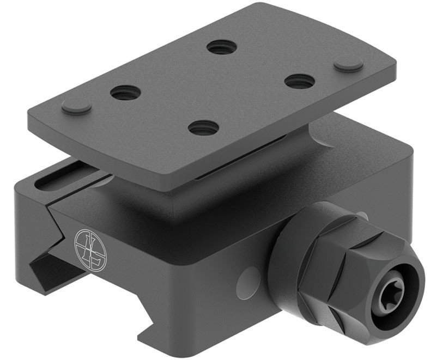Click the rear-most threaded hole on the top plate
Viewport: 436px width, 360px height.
point(222,46)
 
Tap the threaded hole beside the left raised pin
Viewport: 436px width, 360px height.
point(126,93)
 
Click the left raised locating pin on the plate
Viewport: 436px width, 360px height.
point(76,106)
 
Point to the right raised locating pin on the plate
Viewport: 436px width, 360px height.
point(348,64)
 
